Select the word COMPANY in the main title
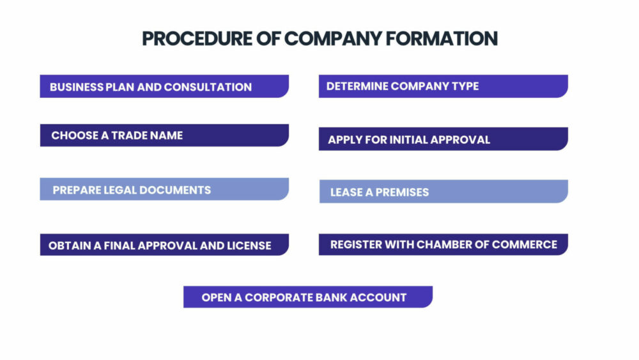pyautogui.click(x=332, y=39)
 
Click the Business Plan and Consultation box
pyautogui.click(x=164, y=86)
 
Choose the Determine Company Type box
pyautogui.click(x=443, y=86)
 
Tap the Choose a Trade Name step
pyautogui.click(x=164, y=136)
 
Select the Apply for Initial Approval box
pyautogui.click(x=443, y=139)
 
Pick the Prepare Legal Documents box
pyautogui.click(x=164, y=189)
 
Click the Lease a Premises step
pyautogui.click(x=444, y=191)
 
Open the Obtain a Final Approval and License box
pyautogui.click(x=164, y=245)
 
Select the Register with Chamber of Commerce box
pyautogui.click(x=443, y=245)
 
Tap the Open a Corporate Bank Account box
pyautogui.click(x=308, y=297)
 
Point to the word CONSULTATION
pyautogui.click(x=208, y=87)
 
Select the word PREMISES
pyautogui.click(x=402, y=192)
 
